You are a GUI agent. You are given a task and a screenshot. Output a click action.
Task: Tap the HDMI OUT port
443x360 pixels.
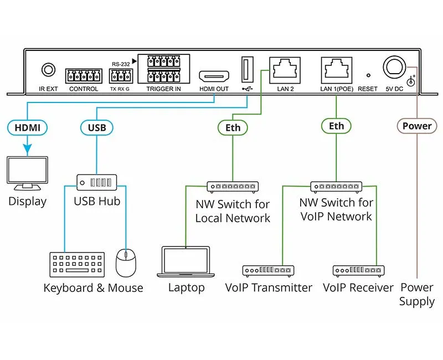(x=214, y=76)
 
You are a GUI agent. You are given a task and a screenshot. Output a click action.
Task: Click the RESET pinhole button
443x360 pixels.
(x=367, y=75)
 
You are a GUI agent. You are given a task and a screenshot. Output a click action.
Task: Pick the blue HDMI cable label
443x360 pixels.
(x=27, y=127)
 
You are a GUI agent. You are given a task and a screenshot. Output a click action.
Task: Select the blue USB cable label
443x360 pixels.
(x=97, y=127)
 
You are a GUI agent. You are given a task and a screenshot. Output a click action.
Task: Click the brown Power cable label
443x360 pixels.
(x=417, y=126)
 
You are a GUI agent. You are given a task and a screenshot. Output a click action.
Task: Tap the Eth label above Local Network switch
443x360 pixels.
(x=233, y=127)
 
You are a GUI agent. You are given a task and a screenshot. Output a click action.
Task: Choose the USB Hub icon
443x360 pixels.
(x=97, y=182)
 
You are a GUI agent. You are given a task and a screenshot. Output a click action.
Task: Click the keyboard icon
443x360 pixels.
(x=78, y=265)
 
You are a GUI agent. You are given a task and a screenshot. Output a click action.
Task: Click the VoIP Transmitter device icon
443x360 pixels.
(x=268, y=271)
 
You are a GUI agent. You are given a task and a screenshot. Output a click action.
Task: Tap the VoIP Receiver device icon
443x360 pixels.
(x=358, y=271)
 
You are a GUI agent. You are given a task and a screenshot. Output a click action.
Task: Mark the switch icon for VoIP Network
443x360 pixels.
(x=336, y=187)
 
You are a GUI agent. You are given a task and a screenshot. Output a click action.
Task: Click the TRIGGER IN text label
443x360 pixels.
(x=163, y=89)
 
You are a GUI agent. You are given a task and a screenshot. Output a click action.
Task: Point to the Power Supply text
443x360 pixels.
(x=417, y=295)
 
